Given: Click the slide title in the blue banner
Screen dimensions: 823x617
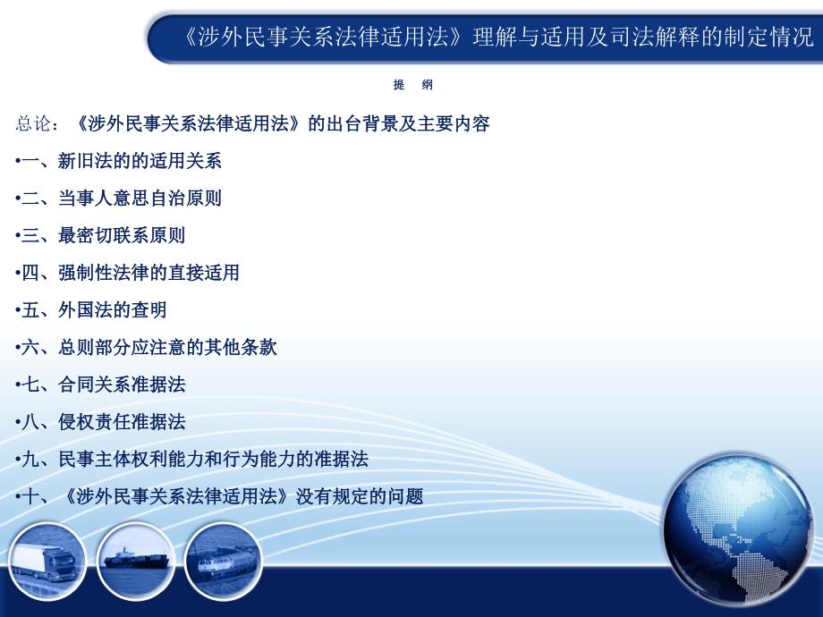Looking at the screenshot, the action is [498, 38].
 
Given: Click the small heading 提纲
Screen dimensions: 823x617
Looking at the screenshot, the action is [413, 85].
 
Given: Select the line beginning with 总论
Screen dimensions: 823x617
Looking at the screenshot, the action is [252, 123].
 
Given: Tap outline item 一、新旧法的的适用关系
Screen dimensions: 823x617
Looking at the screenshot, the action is [119, 161].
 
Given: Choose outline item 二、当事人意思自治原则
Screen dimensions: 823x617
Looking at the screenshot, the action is [119, 199].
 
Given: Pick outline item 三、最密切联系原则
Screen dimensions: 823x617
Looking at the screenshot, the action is [100, 235].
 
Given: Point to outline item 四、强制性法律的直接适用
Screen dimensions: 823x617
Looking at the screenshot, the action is [128, 273].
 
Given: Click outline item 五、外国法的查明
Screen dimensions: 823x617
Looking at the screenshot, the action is [91, 310].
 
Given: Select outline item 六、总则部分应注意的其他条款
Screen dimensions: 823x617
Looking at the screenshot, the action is [146, 347].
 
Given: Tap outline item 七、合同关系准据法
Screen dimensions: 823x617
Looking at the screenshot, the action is [100, 385].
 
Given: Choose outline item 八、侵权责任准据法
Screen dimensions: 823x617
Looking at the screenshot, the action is [100, 422].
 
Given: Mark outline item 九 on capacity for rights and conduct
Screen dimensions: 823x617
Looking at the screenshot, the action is [191, 459].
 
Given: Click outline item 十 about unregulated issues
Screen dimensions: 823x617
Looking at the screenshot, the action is [219, 496].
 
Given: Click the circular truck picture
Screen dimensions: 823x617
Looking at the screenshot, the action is [47, 562].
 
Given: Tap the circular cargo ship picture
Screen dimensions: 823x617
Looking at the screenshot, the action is [136, 562].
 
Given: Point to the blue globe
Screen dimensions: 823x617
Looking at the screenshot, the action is [738, 530].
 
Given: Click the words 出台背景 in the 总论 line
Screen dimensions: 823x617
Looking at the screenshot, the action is [362, 123].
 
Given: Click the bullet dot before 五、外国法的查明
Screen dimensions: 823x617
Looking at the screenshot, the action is [18, 311].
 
